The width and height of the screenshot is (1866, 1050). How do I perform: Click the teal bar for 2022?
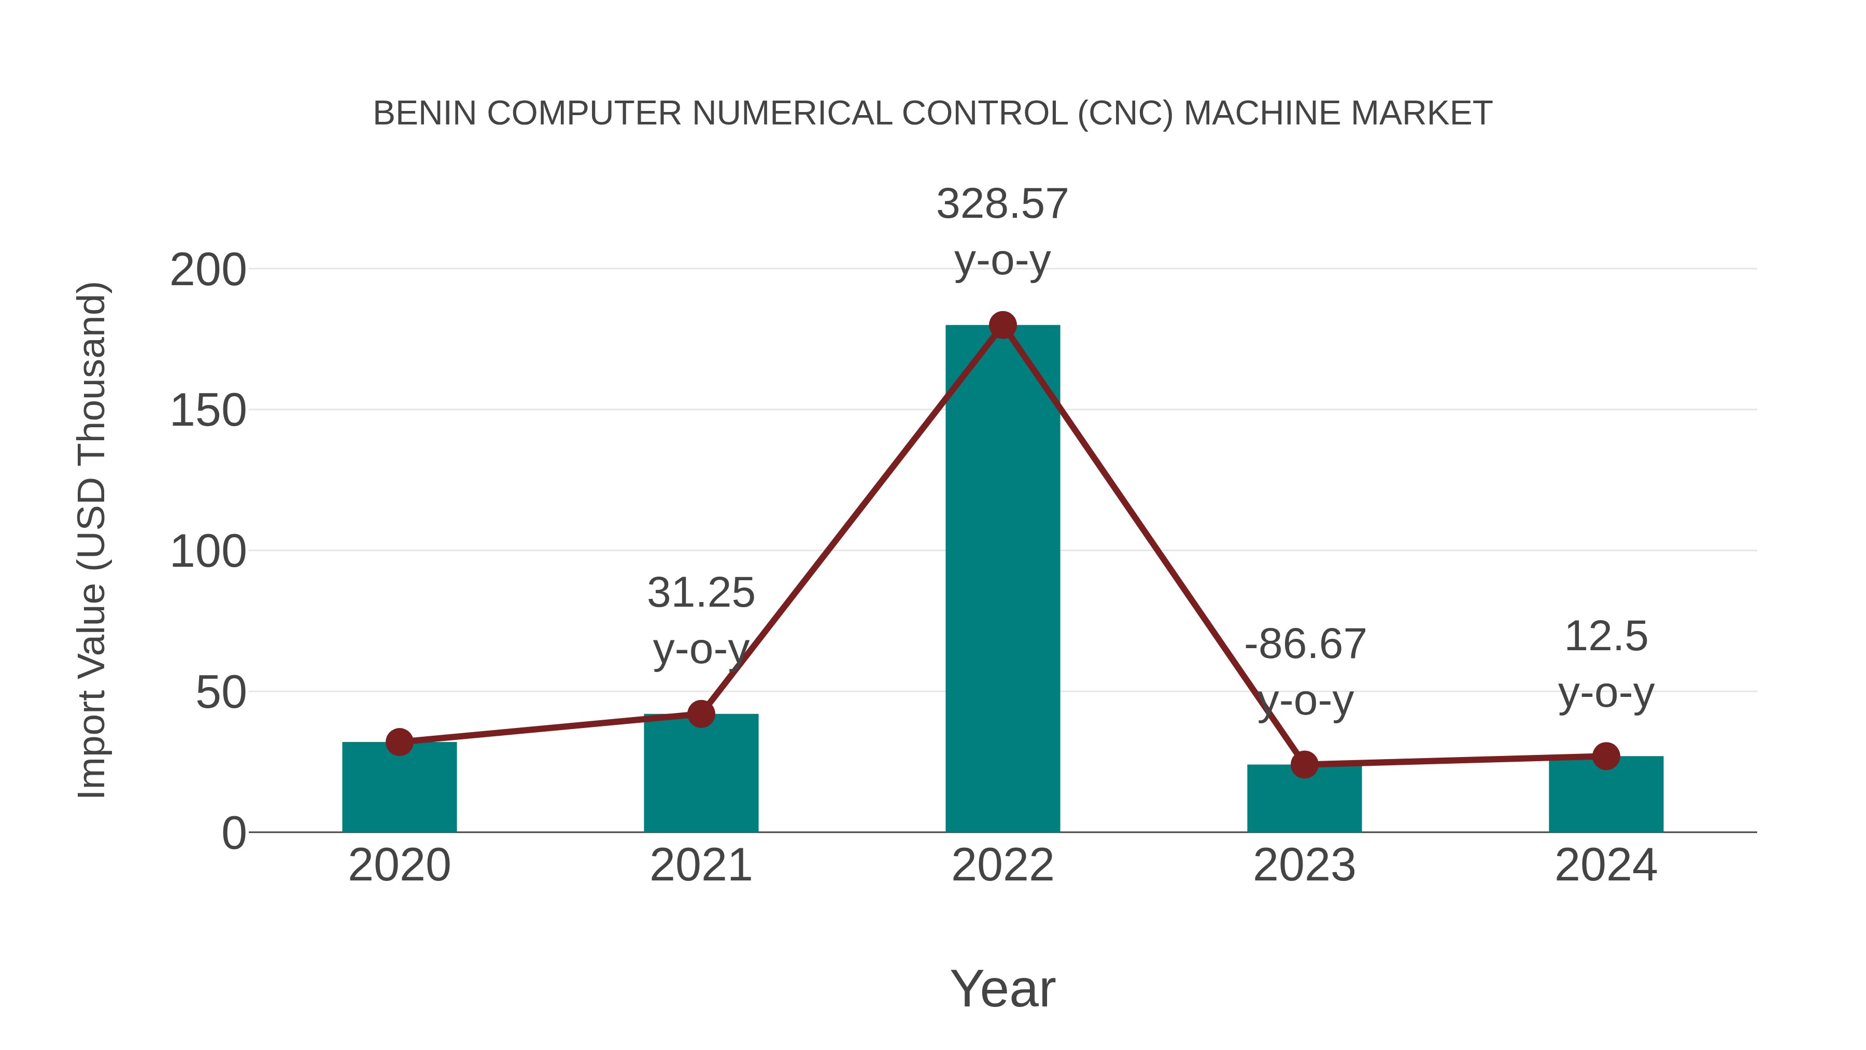(1002, 580)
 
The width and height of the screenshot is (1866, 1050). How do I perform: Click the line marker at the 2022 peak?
(1002, 325)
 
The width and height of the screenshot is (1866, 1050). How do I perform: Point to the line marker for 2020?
(399, 742)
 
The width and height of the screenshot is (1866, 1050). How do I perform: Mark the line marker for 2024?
(1606, 757)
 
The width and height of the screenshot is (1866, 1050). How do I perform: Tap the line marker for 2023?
(1304, 764)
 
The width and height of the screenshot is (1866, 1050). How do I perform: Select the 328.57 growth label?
(1002, 204)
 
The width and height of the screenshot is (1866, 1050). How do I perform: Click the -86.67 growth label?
(1305, 644)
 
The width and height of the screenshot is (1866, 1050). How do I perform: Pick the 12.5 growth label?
(1606, 637)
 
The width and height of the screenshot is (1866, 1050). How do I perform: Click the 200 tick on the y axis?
(208, 271)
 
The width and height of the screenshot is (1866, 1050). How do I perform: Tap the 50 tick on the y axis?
(220, 693)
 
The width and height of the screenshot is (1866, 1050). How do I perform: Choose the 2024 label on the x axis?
(1606, 866)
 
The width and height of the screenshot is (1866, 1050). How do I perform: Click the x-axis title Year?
(1002, 989)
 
